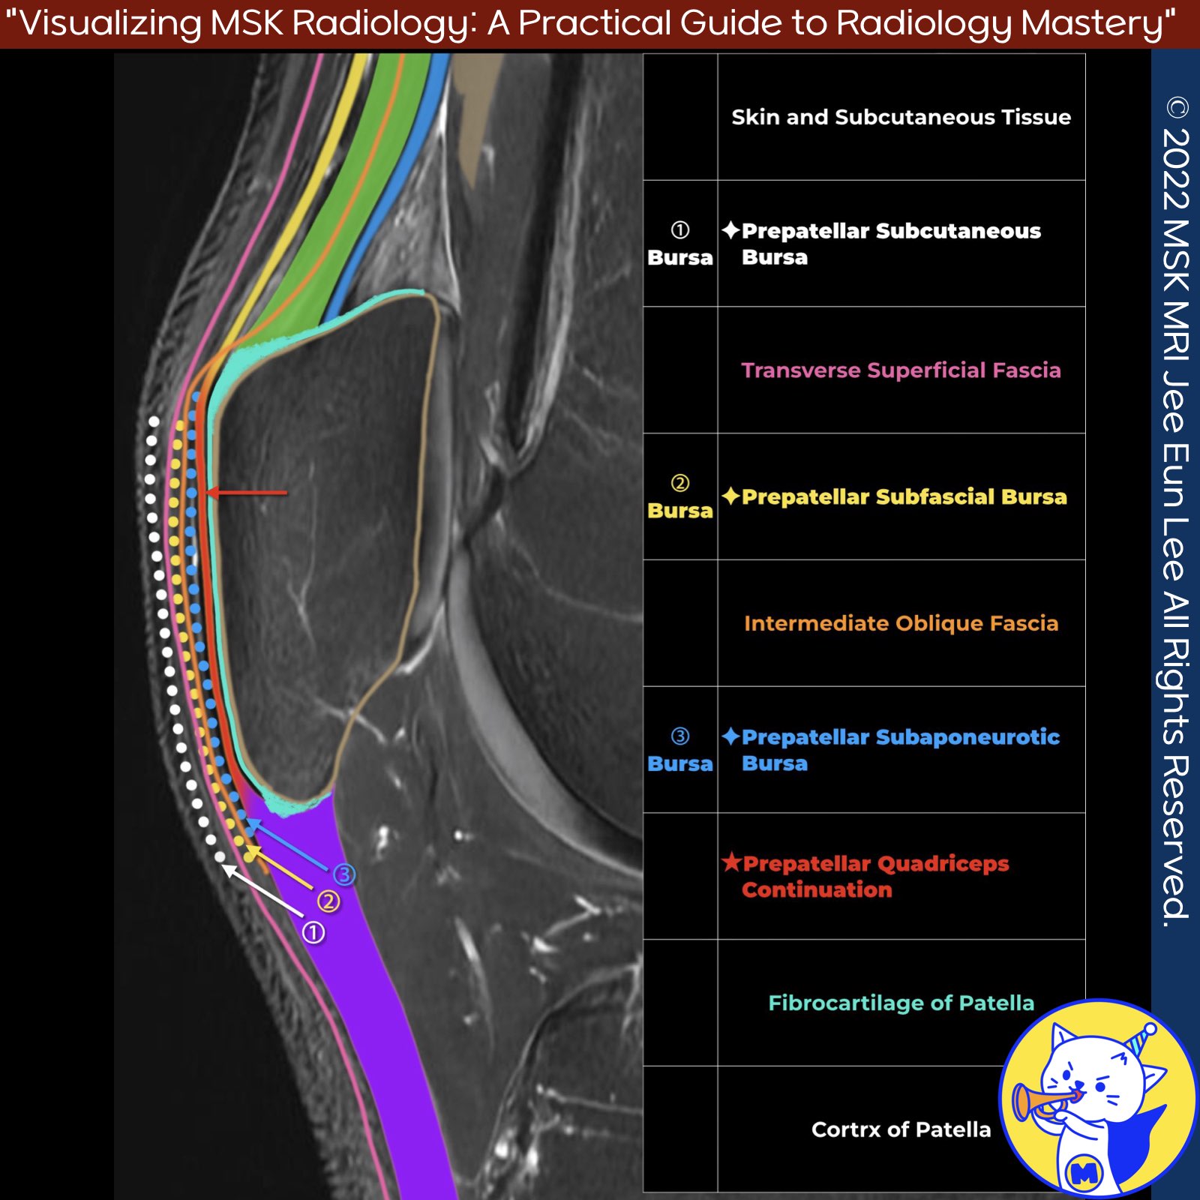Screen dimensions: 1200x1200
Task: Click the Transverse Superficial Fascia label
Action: point(901,370)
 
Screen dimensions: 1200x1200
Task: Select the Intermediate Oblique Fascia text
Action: point(901,623)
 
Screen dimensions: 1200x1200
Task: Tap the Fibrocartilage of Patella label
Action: point(901,1003)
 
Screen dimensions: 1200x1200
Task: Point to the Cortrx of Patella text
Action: point(901,1129)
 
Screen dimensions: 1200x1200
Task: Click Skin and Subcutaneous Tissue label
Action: point(901,117)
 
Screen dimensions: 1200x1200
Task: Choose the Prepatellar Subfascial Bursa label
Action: point(904,496)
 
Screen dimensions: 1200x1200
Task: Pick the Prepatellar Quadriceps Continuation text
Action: point(874,876)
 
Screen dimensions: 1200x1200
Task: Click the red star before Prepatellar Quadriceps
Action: point(730,862)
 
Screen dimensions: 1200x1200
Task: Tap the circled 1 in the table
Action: point(679,230)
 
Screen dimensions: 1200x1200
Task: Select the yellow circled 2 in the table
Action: point(679,483)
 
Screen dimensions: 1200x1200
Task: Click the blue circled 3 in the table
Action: point(679,736)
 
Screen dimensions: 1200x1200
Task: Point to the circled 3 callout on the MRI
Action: point(344,874)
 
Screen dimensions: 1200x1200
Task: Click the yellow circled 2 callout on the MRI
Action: point(328,901)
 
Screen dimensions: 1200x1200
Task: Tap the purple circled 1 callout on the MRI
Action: point(313,933)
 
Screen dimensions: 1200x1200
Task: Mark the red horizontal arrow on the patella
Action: point(247,493)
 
